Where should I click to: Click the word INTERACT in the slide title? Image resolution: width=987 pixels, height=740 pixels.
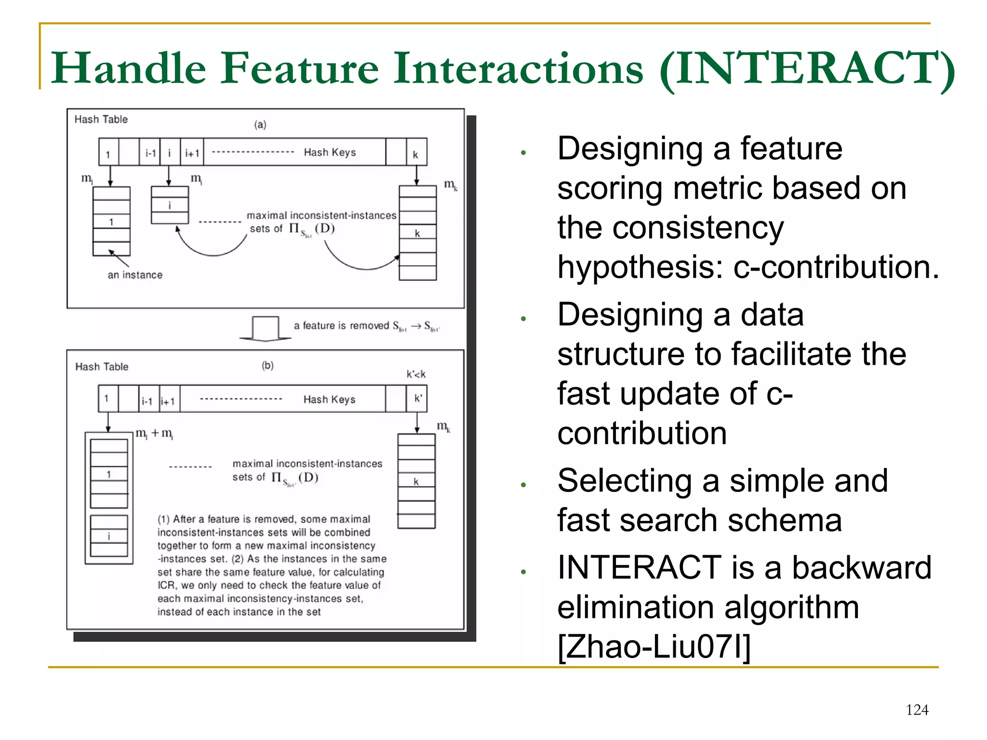click(805, 69)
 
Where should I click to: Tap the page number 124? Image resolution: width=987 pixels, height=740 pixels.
click(917, 710)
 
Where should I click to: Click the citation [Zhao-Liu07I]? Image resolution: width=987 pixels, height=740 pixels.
click(654, 647)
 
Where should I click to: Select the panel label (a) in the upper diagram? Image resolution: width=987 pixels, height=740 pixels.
click(260, 125)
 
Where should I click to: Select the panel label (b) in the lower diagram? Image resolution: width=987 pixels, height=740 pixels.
click(267, 365)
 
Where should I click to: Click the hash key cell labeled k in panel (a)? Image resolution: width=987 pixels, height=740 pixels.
click(416, 153)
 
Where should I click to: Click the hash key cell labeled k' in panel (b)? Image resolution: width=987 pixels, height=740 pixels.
click(417, 398)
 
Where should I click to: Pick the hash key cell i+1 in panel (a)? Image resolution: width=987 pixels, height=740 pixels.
click(192, 153)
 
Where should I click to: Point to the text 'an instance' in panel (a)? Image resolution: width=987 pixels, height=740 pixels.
click(135, 275)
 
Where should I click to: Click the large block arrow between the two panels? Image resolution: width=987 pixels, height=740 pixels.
click(265, 328)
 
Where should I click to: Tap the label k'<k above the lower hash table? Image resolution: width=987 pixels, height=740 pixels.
click(416, 374)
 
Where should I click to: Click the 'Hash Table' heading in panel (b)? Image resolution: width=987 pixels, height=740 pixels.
click(102, 367)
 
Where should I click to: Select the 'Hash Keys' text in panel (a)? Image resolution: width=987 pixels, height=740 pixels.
click(330, 152)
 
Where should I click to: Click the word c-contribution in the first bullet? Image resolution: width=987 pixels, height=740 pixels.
click(836, 267)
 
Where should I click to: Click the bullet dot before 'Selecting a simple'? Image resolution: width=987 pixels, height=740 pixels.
click(523, 485)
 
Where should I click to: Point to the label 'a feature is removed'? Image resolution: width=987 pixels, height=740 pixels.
click(341, 326)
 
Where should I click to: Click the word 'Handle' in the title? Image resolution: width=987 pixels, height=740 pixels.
click(129, 69)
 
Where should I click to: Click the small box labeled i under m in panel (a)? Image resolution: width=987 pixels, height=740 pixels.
click(170, 206)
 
